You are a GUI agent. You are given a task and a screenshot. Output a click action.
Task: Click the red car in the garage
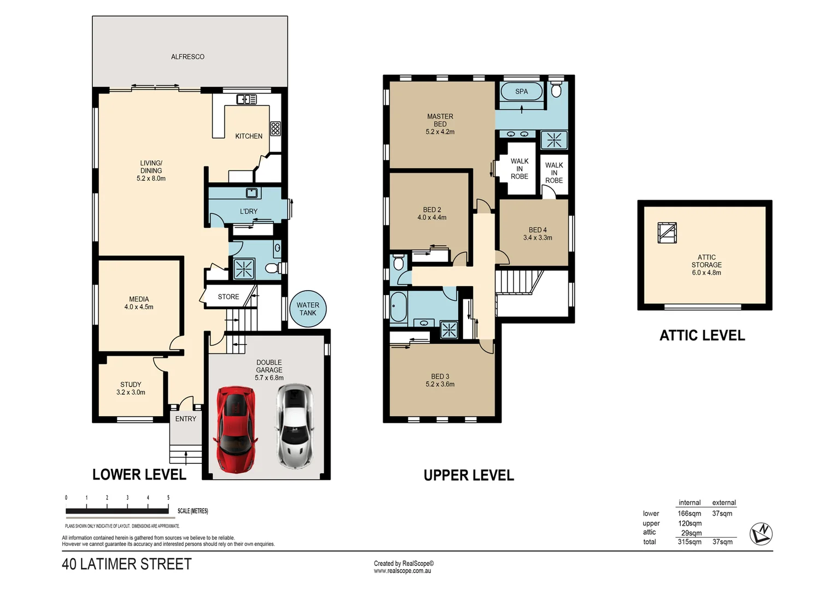pyautogui.click(x=236, y=429)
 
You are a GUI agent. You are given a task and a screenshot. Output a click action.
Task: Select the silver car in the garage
pyautogui.click(x=295, y=426)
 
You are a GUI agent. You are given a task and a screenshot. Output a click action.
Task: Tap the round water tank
pyautogui.click(x=308, y=309)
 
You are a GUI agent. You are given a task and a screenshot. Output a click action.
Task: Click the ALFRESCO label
pyautogui.click(x=188, y=57)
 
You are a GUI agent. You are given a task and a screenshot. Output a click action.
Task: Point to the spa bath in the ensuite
pyautogui.click(x=521, y=92)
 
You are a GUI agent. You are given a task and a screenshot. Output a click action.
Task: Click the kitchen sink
pyautogui.click(x=246, y=99)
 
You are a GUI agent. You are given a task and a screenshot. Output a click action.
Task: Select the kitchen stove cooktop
pyautogui.click(x=276, y=128)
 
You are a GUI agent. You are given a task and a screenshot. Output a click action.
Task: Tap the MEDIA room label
pyautogui.click(x=139, y=303)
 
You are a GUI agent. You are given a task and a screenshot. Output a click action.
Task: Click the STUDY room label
pyautogui.click(x=131, y=388)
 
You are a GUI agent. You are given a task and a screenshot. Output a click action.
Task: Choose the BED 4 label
pyautogui.click(x=538, y=234)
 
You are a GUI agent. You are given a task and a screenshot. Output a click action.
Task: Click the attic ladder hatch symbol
pyautogui.click(x=667, y=233)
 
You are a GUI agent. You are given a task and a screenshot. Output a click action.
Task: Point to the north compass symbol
pyautogui.click(x=761, y=533)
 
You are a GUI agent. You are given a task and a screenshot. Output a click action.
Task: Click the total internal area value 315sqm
pyautogui.click(x=690, y=542)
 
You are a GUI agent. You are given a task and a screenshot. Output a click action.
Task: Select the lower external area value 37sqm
pyautogui.click(x=722, y=514)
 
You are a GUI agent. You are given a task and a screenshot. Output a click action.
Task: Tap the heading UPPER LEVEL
pyautogui.click(x=469, y=475)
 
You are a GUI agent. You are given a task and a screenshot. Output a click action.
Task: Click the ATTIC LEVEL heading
pyautogui.click(x=702, y=335)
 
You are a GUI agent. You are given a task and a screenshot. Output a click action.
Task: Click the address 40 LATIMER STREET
pyautogui.click(x=127, y=564)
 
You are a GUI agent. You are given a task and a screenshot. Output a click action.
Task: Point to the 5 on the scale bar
pyautogui.click(x=168, y=498)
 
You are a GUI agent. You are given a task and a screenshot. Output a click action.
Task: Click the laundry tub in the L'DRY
pyautogui.click(x=252, y=193)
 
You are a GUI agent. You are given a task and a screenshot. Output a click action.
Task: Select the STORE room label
pyautogui.click(x=229, y=297)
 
